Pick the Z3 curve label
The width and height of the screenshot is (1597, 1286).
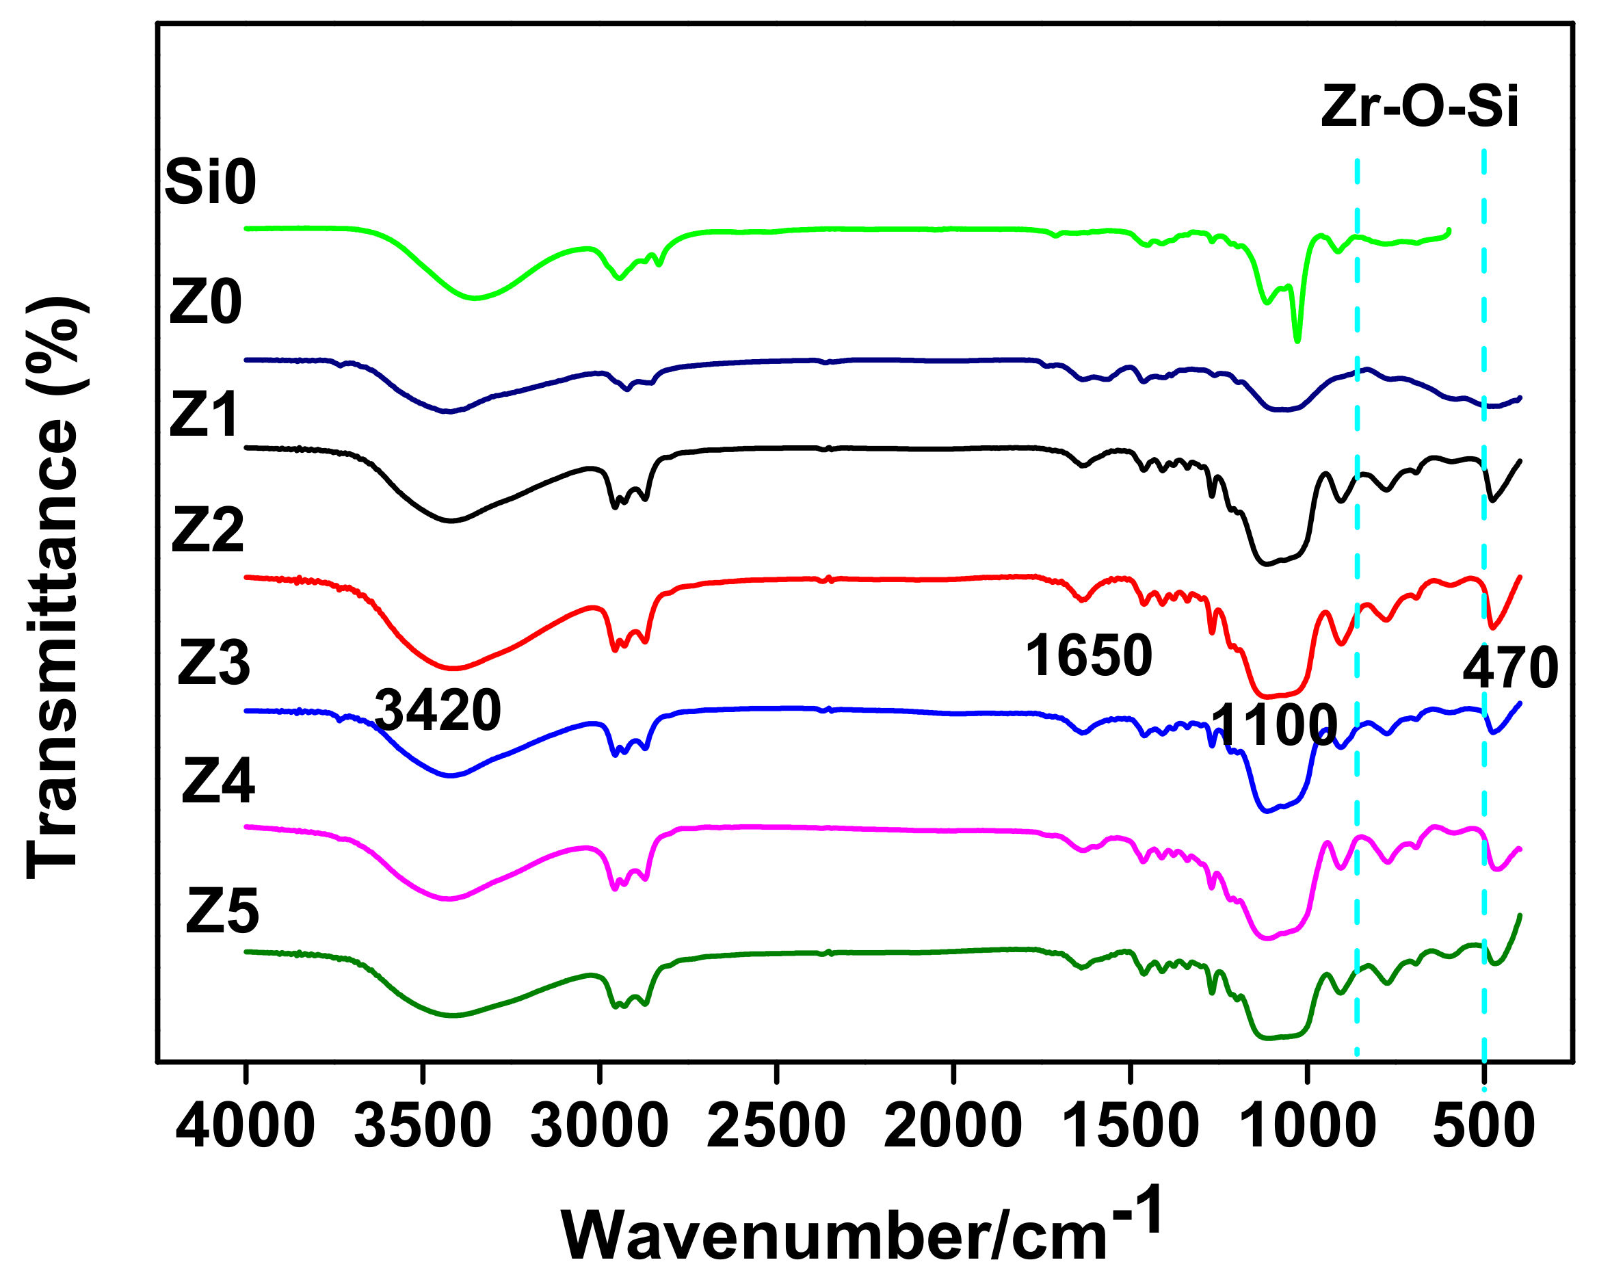pos(213,663)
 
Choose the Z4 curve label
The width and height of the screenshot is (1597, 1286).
pos(218,782)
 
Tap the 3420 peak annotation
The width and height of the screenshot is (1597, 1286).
pos(438,709)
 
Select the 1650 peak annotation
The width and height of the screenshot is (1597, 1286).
pos(1089,655)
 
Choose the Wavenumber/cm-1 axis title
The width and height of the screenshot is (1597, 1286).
pos(859,1230)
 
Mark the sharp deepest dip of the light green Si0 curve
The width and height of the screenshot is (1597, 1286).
pos(1297,340)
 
